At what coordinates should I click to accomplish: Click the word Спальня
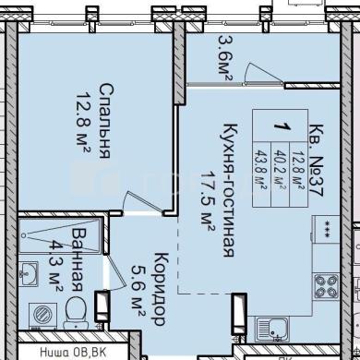105,121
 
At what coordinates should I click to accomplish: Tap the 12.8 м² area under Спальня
83,122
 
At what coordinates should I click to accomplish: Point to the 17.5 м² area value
208,200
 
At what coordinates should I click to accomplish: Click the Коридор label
160,289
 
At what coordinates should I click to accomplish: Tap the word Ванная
77,259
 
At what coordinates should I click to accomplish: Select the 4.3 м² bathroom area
56,266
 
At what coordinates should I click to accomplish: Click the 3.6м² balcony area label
225,58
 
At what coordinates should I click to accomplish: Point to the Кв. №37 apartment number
317,161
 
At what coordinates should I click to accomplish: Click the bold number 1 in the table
282,126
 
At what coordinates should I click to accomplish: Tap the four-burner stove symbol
326,286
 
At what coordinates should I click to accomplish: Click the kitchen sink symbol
272,329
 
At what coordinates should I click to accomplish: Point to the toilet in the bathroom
76,313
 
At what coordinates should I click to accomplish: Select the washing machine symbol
42,316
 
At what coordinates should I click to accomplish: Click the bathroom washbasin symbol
28,274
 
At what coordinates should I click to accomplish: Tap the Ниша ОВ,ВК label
73,353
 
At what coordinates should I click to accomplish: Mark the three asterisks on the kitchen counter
326,233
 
